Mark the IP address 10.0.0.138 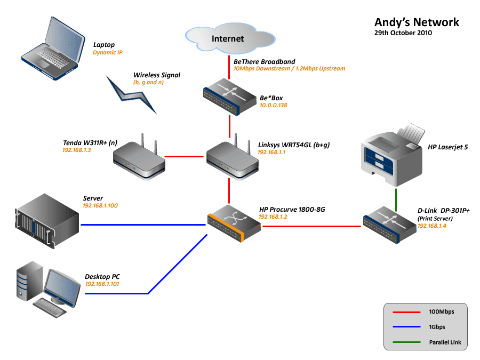click(273, 106)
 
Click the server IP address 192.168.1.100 click(100, 205)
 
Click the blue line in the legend click(405, 326)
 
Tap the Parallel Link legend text click(445, 342)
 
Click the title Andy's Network click(417, 22)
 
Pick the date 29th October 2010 click(403, 33)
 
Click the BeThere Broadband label click(264, 62)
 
